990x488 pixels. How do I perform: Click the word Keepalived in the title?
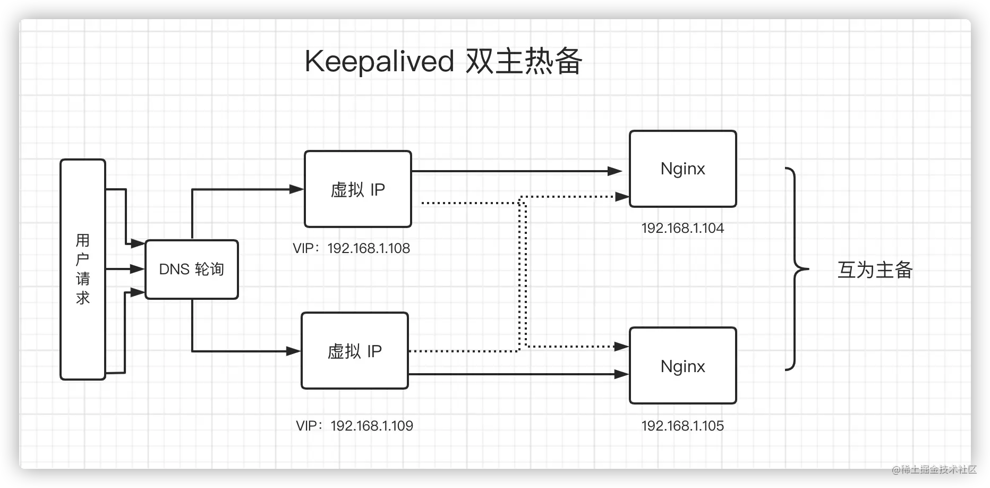[379, 62]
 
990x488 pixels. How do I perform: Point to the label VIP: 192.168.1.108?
[352, 248]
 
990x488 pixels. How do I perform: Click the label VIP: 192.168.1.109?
[355, 426]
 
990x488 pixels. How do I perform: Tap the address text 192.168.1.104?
[683, 228]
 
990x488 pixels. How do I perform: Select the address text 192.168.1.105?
[683, 426]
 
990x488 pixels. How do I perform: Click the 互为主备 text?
[875, 270]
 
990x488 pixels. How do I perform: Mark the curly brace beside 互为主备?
[795, 269]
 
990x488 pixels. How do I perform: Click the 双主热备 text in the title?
[524, 61]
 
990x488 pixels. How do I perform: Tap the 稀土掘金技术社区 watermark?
[934, 469]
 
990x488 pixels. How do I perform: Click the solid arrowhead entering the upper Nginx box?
[615, 171]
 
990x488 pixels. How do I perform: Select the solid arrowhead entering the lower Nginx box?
[622, 374]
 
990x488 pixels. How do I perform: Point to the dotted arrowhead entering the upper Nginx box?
[622, 197]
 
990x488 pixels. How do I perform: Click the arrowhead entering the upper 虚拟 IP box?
[296, 189]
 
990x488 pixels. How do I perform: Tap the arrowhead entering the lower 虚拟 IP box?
[294, 351]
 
